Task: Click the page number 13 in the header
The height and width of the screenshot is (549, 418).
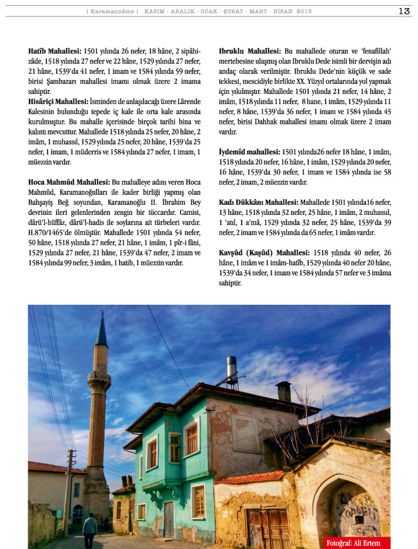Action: click(404, 11)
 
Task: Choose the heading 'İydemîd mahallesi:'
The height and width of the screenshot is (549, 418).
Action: click(249, 151)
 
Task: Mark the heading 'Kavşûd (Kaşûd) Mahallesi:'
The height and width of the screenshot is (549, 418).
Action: click(260, 252)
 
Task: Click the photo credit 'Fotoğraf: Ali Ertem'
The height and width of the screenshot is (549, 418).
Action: click(357, 542)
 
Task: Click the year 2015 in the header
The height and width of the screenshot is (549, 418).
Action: click(305, 11)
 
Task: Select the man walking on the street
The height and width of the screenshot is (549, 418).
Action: click(89, 530)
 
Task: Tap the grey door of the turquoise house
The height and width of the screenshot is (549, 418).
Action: click(169, 519)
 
